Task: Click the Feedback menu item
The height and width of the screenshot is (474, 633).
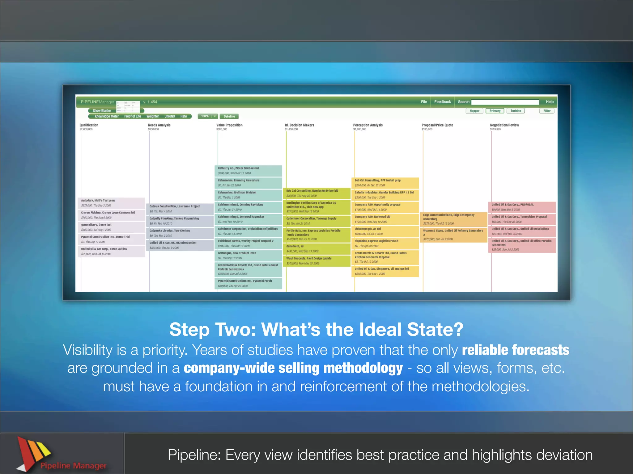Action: pos(442,102)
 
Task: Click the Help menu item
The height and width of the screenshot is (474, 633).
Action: pos(550,102)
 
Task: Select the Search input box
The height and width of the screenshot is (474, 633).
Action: pos(505,102)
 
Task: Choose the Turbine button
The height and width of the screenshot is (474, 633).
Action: pos(516,111)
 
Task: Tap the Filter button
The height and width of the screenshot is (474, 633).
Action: pos(547,111)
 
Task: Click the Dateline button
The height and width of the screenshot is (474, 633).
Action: pos(229,116)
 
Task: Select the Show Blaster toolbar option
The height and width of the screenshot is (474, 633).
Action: pos(102,110)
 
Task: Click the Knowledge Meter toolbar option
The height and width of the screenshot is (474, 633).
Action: pos(106,116)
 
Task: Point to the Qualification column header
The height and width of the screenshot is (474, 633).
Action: pos(89,125)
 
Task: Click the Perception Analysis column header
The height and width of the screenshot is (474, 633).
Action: pos(368,125)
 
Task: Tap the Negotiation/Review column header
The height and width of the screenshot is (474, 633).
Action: pos(504,125)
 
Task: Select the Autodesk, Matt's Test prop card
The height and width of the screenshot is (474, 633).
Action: pos(112,203)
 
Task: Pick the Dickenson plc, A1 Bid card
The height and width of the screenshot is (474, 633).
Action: pos(385,231)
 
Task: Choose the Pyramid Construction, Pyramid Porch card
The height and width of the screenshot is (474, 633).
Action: pos(248,283)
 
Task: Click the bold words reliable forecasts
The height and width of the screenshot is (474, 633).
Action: pos(515,350)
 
